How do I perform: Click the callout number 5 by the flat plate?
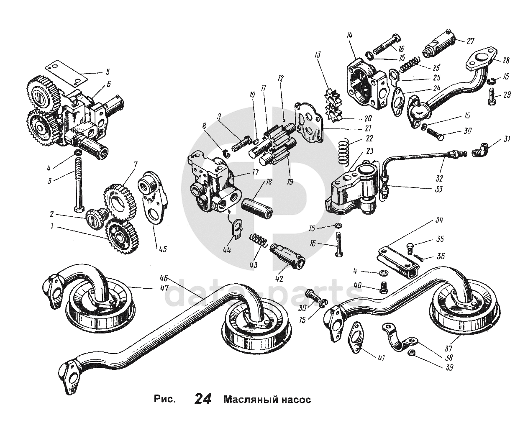(x=107, y=72)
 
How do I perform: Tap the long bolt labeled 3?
(x=79, y=184)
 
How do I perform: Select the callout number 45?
(x=162, y=249)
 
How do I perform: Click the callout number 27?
(x=470, y=41)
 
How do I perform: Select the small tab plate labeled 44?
(x=237, y=229)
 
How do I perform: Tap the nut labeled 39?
(x=410, y=353)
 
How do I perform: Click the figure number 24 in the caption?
(x=203, y=399)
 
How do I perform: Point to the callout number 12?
(x=281, y=79)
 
